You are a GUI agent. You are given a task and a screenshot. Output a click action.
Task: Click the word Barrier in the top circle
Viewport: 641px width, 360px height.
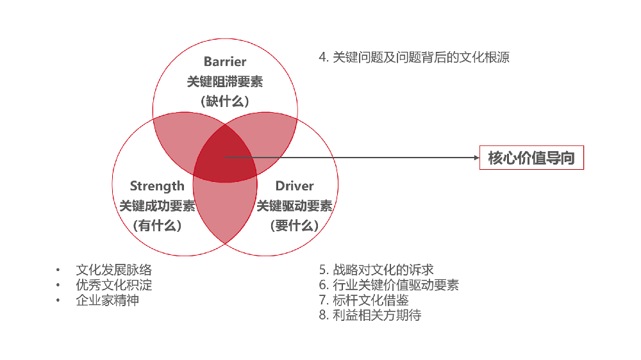coord(225,61)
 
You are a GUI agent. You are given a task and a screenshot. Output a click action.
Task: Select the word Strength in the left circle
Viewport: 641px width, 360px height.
coord(157,186)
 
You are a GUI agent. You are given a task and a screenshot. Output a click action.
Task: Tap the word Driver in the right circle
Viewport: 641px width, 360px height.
coord(294,186)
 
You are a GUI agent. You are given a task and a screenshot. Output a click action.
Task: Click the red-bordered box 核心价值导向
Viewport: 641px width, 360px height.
coord(531,158)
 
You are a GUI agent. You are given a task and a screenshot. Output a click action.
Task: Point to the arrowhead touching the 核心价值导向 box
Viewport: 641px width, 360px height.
coord(477,158)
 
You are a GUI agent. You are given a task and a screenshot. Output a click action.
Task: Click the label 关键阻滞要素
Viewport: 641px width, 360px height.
coord(225,82)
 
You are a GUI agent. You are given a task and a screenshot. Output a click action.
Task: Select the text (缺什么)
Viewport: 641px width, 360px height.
coord(225,101)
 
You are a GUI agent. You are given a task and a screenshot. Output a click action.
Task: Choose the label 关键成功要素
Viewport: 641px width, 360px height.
coord(158,206)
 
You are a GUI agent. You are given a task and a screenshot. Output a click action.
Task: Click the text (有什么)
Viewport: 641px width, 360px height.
coord(158,225)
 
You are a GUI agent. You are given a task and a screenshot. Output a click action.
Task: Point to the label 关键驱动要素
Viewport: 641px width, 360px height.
coord(294,206)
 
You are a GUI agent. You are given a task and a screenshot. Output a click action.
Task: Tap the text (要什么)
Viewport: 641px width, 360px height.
coord(294,225)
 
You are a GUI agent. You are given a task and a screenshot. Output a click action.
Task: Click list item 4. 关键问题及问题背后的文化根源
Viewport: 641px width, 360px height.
coord(414,57)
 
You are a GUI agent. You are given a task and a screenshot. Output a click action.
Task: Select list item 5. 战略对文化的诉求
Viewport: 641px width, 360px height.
coord(376,270)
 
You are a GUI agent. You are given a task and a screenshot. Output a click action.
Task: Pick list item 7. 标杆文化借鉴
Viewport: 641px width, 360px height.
coord(364,300)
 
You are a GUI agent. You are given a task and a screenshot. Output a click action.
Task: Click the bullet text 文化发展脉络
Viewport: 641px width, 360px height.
coord(113,270)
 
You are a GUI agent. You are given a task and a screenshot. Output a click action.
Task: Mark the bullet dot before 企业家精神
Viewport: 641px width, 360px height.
coord(58,300)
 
